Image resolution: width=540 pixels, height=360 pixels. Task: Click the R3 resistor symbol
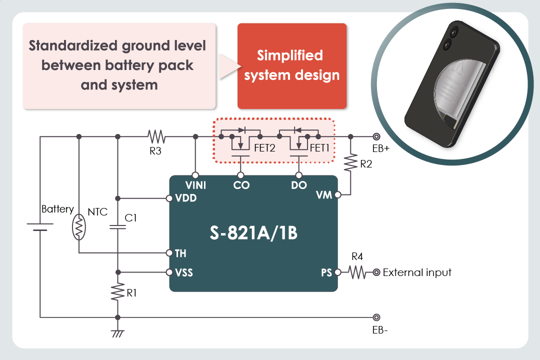click(156, 136)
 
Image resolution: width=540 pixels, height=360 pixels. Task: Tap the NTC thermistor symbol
click(78, 227)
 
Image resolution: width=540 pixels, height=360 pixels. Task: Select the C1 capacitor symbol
click(117, 227)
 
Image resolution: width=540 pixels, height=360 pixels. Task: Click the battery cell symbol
click(40, 227)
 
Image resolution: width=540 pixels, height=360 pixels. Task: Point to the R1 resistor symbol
click(117, 292)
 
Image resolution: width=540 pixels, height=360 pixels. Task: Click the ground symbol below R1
click(117, 333)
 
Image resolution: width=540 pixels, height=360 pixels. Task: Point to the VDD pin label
click(186, 198)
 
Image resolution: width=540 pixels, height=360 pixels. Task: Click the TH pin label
click(180, 253)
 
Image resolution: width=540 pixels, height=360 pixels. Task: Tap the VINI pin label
click(195, 185)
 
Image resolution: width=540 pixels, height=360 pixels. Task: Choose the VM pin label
click(324, 195)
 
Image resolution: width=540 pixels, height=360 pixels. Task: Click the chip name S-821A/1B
click(253, 233)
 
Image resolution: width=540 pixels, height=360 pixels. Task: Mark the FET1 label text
click(320, 148)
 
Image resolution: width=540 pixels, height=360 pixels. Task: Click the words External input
click(417, 272)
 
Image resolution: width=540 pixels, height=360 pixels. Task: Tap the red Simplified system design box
click(292, 65)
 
